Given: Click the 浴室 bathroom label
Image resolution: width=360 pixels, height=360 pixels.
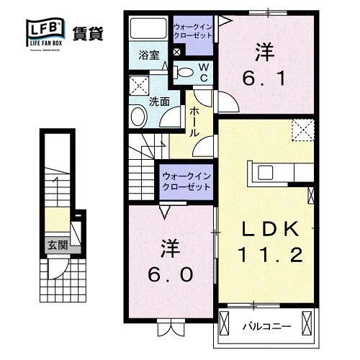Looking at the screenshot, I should pos(148,54).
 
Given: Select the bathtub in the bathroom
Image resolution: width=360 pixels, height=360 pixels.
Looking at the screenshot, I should pos(149,30).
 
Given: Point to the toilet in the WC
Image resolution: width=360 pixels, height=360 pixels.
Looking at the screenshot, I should pos(186,71).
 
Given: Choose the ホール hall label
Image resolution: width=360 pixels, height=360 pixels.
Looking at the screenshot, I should pos(194,122).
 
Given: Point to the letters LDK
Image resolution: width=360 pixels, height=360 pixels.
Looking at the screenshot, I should pos(269,228).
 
